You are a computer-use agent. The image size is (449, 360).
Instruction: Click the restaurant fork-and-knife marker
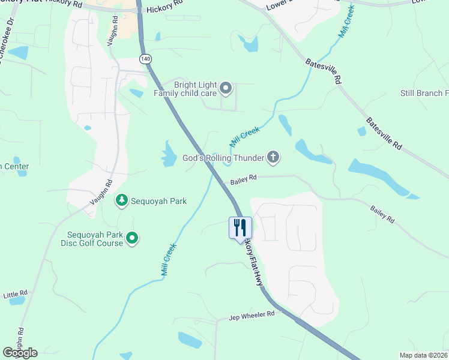point(240,228)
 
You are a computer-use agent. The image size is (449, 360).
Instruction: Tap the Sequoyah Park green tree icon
point(122,199)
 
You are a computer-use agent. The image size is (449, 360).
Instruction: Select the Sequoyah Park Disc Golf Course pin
point(133,239)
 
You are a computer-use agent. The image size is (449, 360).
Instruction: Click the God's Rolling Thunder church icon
point(273,158)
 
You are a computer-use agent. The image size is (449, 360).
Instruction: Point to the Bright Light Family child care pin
point(226,89)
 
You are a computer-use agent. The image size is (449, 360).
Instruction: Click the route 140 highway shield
point(145,59)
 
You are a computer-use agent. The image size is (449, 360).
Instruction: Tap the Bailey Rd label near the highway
point(244,178)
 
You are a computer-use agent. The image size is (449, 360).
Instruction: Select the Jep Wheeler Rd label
point(252,314)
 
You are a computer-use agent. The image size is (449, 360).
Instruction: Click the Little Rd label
point(15,294)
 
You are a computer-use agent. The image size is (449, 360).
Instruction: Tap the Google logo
point(20,353)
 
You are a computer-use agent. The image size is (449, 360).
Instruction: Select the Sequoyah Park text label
point(158,201)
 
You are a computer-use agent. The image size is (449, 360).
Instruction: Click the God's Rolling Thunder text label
point(223,158)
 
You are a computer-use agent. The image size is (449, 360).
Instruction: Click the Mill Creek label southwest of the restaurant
point(168,259)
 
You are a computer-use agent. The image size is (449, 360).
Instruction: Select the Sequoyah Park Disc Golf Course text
point(91,238)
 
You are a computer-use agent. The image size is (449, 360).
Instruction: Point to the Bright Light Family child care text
point(194,89)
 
